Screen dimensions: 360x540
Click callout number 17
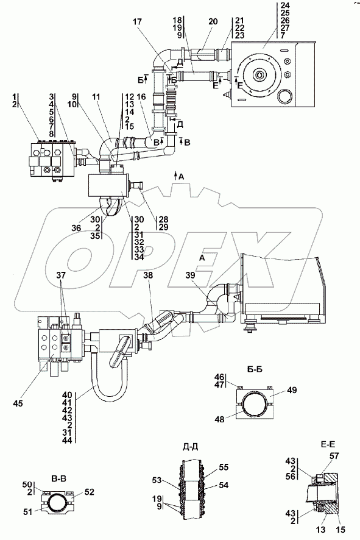137,23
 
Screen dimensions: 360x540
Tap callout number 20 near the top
213,22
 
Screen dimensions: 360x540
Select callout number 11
96,98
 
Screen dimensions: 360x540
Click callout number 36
76,228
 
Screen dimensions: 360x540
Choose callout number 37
61,275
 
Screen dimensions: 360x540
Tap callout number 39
190,275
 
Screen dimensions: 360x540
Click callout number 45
18,403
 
